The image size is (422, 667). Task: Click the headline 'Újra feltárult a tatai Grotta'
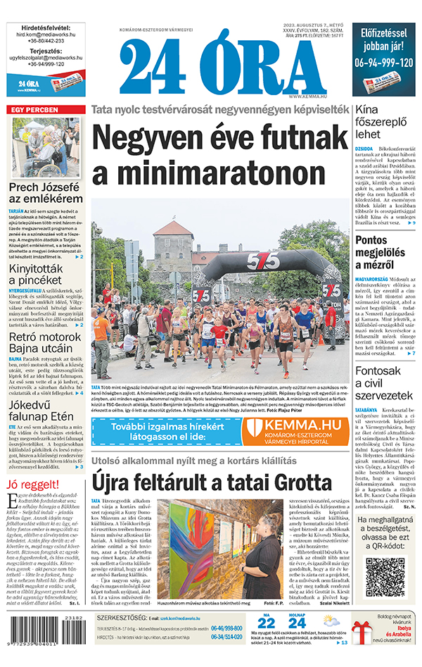click(211, 483)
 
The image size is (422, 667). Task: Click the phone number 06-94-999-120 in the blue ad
click(384, 62)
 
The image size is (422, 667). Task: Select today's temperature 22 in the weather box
click(267, 623)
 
